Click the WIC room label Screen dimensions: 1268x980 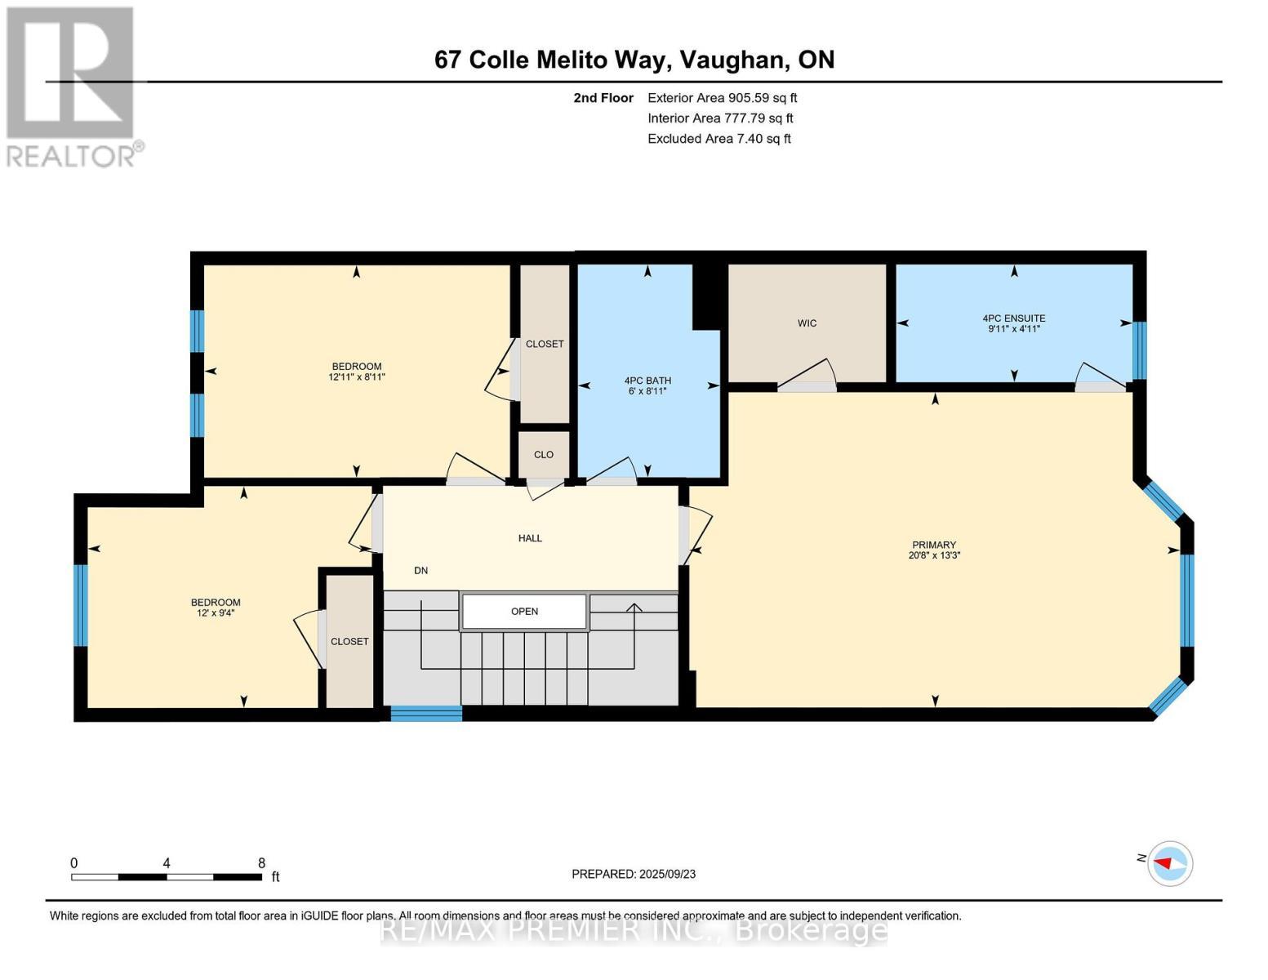click(807, 323)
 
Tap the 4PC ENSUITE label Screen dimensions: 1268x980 click(1013, 318)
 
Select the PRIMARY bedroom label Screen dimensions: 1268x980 click(933, 545)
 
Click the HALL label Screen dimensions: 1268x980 click(530, 538)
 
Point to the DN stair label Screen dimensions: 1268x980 click(420, 570)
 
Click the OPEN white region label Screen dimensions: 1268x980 click(524, 611)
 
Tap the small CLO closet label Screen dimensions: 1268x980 click(543, 455)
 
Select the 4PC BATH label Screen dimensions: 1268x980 click(647, 381)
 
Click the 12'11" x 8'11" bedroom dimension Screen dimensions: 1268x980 click(357, 377)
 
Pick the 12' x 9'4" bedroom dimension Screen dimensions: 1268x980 click(216, 612)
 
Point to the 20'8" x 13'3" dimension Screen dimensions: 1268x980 click(933, 555)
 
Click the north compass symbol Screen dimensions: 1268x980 click(1169, 863)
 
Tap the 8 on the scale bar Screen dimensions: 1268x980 click(261, 862)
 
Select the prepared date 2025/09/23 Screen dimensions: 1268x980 click(667, 874)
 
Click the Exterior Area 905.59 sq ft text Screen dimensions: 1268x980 click(722, 98)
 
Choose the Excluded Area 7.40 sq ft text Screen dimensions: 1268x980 click(719, 139)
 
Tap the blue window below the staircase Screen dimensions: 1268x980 click(426, 713)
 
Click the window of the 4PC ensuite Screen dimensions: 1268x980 click(1139, 350)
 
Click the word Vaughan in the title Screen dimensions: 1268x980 click(732, 60)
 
